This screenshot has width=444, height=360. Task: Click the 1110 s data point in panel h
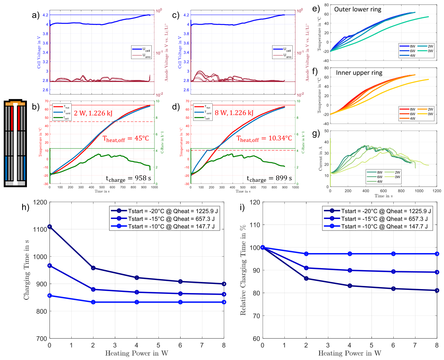[x=50, y=227]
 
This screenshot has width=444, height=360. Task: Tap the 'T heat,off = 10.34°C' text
[x=263, y=138]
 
